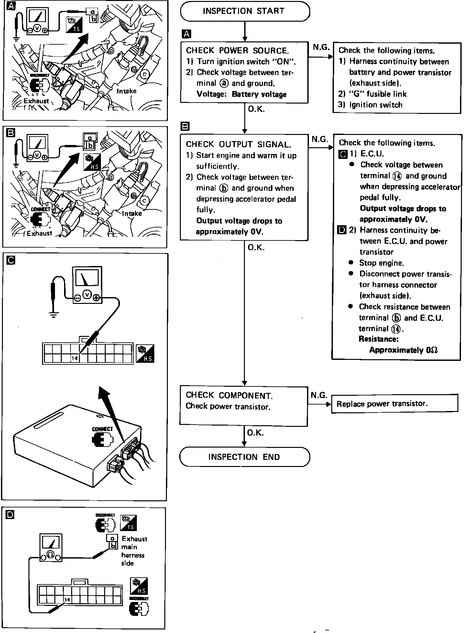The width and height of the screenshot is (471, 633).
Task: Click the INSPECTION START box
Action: pyautogui.click(x=245, y=11)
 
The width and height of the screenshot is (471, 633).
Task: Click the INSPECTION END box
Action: pyautogui.click(x=245, y=457)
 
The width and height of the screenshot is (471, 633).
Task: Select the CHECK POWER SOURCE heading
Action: pyautogui.click(x=237, y=50)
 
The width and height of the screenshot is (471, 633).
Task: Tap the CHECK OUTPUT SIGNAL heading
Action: pyautogui.click(x=238, y=144)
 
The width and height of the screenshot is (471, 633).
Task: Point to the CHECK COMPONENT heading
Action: pyautogui.click(x=229, y=395)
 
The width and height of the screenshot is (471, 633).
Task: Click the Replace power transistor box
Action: pyautogui.click(x=395, y=403)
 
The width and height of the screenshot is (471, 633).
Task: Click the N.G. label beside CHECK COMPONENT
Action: pyautogui.click(x=319, y=395)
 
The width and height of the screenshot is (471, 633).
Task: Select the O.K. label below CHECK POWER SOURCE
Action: pyautogui.click(x=256, y=109)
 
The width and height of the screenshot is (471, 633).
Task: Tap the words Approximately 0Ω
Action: pyautogui.click(x=403, y=350)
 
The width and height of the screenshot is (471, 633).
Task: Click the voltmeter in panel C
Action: pyautogui.click(x=86, y=284)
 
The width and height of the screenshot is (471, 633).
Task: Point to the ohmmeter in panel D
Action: pyautogui.click(x=50, y=548)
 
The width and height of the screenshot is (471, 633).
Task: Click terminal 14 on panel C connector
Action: pyautogui.click(x=75, y=358)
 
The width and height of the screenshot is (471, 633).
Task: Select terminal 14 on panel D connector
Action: pyautogui.click(x=67, y=599)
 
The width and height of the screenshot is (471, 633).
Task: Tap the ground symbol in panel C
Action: pyautogui.click(x=53, y=314)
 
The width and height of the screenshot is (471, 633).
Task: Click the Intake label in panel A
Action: pyautogui.click(x=126, y=91)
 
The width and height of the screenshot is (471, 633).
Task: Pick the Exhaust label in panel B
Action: pyautogui.click(x=39, y=233)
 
